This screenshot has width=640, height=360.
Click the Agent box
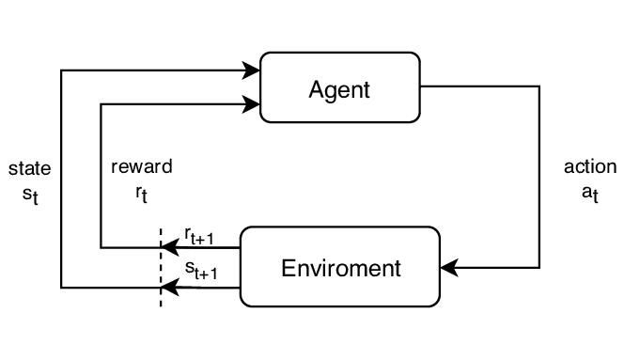(339, 87)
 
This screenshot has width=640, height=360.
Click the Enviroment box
(340, 266)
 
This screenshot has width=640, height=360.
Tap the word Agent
(339, 90)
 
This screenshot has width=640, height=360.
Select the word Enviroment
(340, 268)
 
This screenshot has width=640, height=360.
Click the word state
(29, 169)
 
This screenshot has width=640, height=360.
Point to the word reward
(141, 167)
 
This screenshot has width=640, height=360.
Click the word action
(590, 167)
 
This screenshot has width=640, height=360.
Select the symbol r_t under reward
(141, 196)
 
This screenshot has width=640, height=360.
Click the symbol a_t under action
(590, 196)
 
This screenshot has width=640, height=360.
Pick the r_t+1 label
(199, 237)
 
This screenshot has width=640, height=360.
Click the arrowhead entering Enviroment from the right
(448, 268)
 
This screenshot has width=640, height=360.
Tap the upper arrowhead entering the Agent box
(252, 70)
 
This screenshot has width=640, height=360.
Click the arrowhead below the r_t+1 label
(168, 248)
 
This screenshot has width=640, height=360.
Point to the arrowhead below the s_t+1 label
(168, 287)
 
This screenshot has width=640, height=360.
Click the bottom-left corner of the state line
(61, 287)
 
